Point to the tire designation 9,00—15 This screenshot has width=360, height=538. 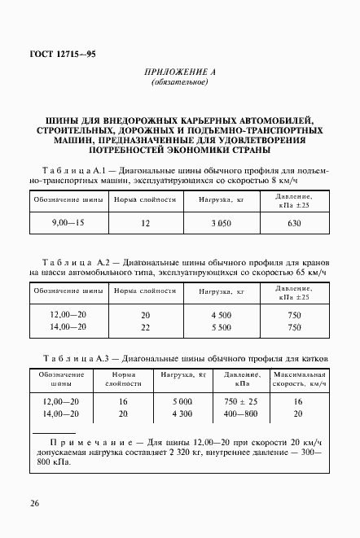click(x=69, y=222)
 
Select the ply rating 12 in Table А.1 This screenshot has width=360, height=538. click(x=146, y=222)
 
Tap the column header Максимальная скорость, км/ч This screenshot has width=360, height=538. click(x=298, y=378)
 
